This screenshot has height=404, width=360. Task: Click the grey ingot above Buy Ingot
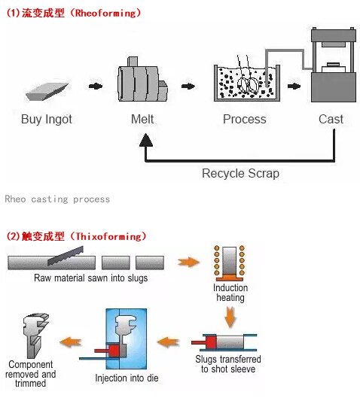point(47,91)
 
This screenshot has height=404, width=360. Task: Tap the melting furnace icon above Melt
point(142,80)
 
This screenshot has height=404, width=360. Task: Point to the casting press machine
point(334,65)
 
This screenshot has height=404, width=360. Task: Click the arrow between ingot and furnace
point(96,86)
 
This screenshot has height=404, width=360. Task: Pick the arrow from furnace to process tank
point(188,86)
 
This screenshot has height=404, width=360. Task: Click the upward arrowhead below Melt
point(146,140)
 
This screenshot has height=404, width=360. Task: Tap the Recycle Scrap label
point(240,173)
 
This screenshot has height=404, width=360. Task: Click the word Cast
point(331,119)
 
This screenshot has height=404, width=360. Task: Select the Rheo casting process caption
point(57,199)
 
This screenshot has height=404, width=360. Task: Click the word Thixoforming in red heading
point(108,236)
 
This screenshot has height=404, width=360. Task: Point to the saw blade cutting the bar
point(66,256)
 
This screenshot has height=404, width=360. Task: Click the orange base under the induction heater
point(229,278)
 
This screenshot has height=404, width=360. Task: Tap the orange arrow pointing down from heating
point(230,317)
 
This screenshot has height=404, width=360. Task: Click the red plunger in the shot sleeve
point(204,342)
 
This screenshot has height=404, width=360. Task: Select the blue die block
point(127,339)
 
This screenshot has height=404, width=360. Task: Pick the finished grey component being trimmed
point(35,336)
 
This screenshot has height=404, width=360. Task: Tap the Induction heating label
point(230,293)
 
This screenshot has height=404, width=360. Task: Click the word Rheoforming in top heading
point(105,13)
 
